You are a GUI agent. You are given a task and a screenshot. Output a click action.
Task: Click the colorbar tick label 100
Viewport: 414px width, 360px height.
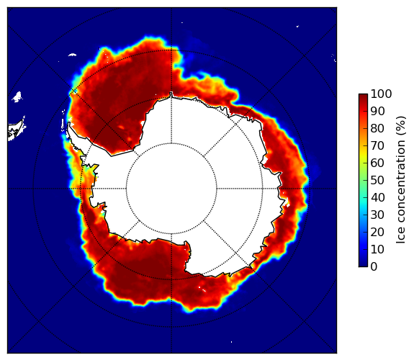click(x=381, y=94)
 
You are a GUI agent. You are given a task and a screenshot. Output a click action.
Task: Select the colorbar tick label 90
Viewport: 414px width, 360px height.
click(x=377, y=111)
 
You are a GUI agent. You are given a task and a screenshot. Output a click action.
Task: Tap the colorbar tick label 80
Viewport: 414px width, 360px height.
click(x=377, y=128)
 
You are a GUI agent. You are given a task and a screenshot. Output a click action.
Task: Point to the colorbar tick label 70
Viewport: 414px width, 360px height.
click(x=377, y=145)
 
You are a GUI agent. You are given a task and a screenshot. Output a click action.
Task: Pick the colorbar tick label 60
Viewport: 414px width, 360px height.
click(x=377, y=163)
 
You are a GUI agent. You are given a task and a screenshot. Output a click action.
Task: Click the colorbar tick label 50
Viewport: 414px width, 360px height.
click(x=377, y=181)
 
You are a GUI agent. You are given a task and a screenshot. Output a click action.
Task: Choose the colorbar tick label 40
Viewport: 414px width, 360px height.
click(x=377, y=197)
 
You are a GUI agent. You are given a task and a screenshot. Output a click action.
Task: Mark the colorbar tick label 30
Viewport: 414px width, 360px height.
click(x=377, y=215)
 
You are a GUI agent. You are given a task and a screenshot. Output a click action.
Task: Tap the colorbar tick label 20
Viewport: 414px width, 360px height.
click(x=377, y=232)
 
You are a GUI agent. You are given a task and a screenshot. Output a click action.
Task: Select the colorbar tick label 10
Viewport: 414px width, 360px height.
click(x=377, y=249)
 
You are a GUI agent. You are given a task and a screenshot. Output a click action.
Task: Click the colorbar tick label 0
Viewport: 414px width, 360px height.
click(x=374, y=267)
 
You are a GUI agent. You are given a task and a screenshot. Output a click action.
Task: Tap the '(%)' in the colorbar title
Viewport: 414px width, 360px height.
click(x=400, y=126)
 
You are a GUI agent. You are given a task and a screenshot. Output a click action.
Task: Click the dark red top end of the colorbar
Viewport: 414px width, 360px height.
click(x=363, y=96)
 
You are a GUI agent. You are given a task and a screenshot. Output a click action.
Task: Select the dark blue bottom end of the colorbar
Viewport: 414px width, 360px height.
click(x=363, y=265)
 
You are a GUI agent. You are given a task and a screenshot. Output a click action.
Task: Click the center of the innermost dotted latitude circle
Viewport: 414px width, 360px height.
click(x=171, y=189)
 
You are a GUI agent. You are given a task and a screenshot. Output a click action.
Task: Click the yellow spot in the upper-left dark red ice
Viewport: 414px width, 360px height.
click(x=121, y=127)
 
